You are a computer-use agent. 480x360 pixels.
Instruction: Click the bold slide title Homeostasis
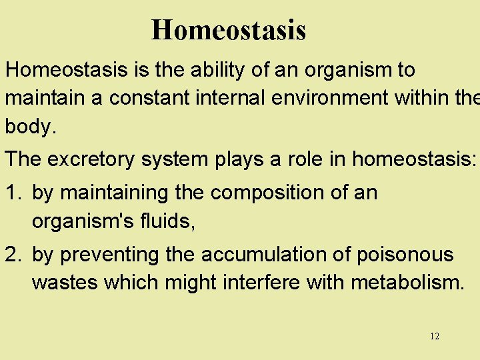tap(229, 30)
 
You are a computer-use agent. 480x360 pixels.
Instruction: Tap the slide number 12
tap(435, 336)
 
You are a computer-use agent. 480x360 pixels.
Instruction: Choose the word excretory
tap(95, 160)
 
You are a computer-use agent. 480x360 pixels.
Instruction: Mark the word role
tap(299, 160)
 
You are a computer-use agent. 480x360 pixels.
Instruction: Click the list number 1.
tap(13, 193)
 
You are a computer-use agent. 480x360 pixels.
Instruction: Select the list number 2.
tap(13, 254)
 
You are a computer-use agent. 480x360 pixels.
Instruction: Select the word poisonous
tap(406, 254)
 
